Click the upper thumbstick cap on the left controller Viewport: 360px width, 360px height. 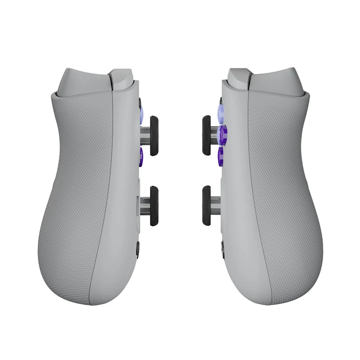click(x=154, y=136)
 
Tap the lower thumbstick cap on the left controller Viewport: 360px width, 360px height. click(x=154, y=206)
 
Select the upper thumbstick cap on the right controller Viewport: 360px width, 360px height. click(x=207, y=135)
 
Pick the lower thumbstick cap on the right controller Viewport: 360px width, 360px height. click(x=207, y=206)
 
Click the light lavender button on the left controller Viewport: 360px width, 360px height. click(x=141, y=115)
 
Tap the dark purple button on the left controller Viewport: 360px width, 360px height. click(x=141, y=156)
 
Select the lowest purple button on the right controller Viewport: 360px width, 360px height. click(x=221, y=156)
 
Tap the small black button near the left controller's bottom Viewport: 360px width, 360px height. click(x=137, y=249)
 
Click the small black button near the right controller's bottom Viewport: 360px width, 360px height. click(x=223, y=249)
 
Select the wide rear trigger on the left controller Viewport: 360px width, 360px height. click(x=83, y=81)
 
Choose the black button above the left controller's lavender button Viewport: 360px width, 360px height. click(x=139, y=103)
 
